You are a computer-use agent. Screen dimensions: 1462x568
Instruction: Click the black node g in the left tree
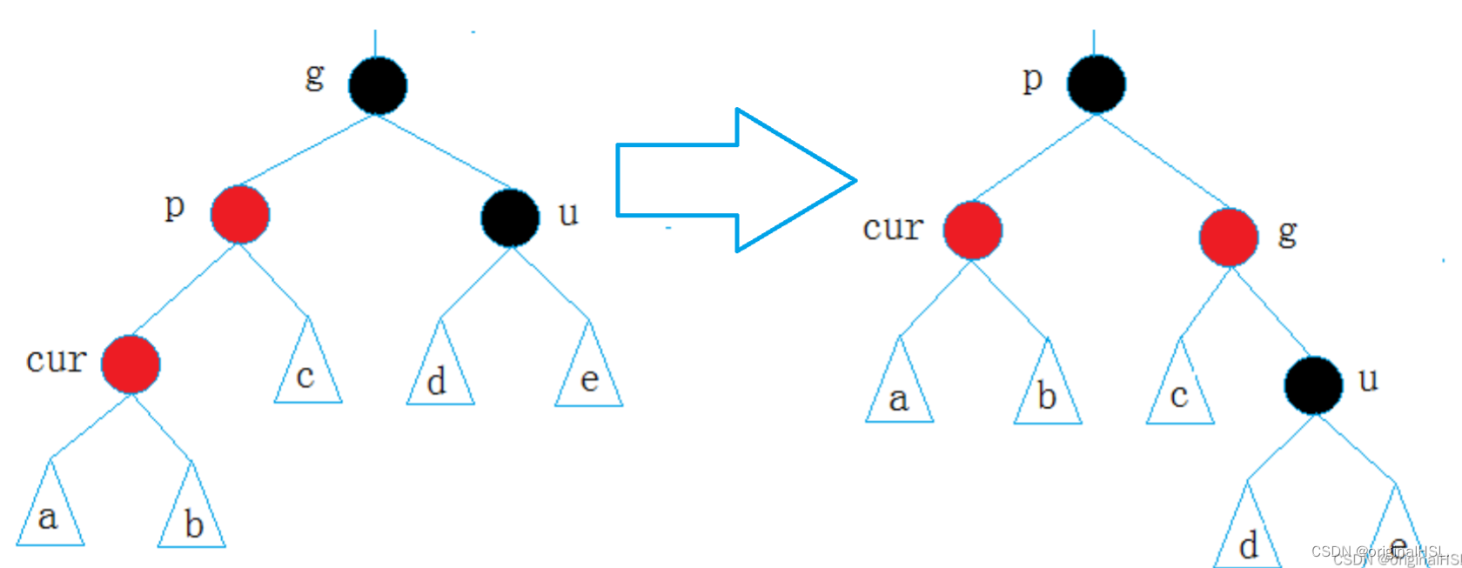click(378, 85)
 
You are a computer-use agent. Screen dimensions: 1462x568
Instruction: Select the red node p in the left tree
click(240, 214)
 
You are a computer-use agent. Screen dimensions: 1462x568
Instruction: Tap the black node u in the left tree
click(510, 217)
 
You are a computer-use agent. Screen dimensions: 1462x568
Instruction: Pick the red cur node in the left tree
click(131, 364)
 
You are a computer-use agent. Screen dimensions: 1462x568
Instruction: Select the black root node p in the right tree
click(1096, 84)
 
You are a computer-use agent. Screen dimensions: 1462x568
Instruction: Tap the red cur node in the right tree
click(973, 231)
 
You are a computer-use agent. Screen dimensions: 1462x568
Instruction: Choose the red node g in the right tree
click(1228, 237)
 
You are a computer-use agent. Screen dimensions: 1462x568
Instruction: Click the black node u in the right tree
click(1313, 384)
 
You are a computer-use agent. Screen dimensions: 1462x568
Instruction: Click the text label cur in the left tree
click(56, 359)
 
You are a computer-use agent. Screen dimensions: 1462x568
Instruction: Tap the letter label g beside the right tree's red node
click(1287, 232)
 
